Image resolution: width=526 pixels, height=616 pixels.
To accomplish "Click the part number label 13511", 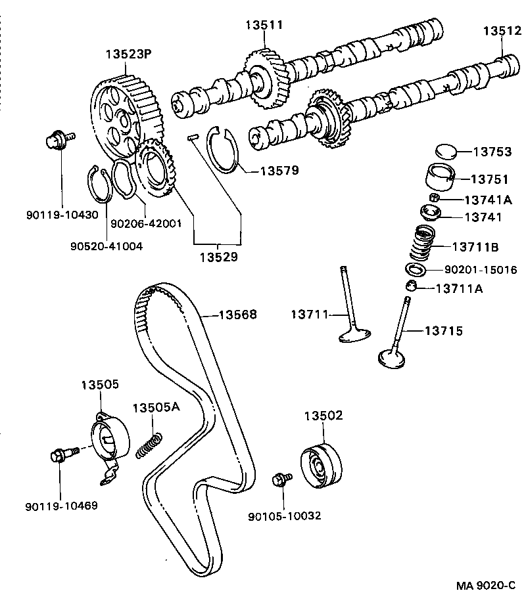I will point(264,25).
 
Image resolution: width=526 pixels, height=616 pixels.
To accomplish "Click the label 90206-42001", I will point(145,223).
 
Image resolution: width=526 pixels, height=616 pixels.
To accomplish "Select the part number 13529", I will point(218,257).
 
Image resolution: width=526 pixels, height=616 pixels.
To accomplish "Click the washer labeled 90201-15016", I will point(416,270).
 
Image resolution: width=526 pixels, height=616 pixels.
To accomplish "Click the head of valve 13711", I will point(356,336).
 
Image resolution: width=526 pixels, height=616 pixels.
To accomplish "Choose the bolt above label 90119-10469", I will point(60,454).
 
